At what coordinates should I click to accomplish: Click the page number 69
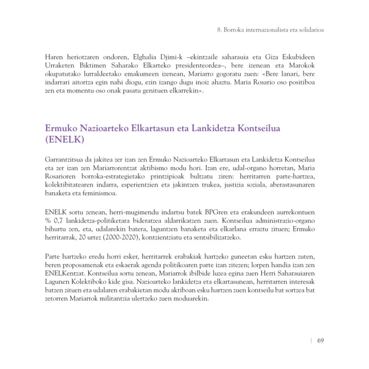click(x=320, y=340)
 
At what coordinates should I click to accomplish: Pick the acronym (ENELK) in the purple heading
click(x=65, y=139)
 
